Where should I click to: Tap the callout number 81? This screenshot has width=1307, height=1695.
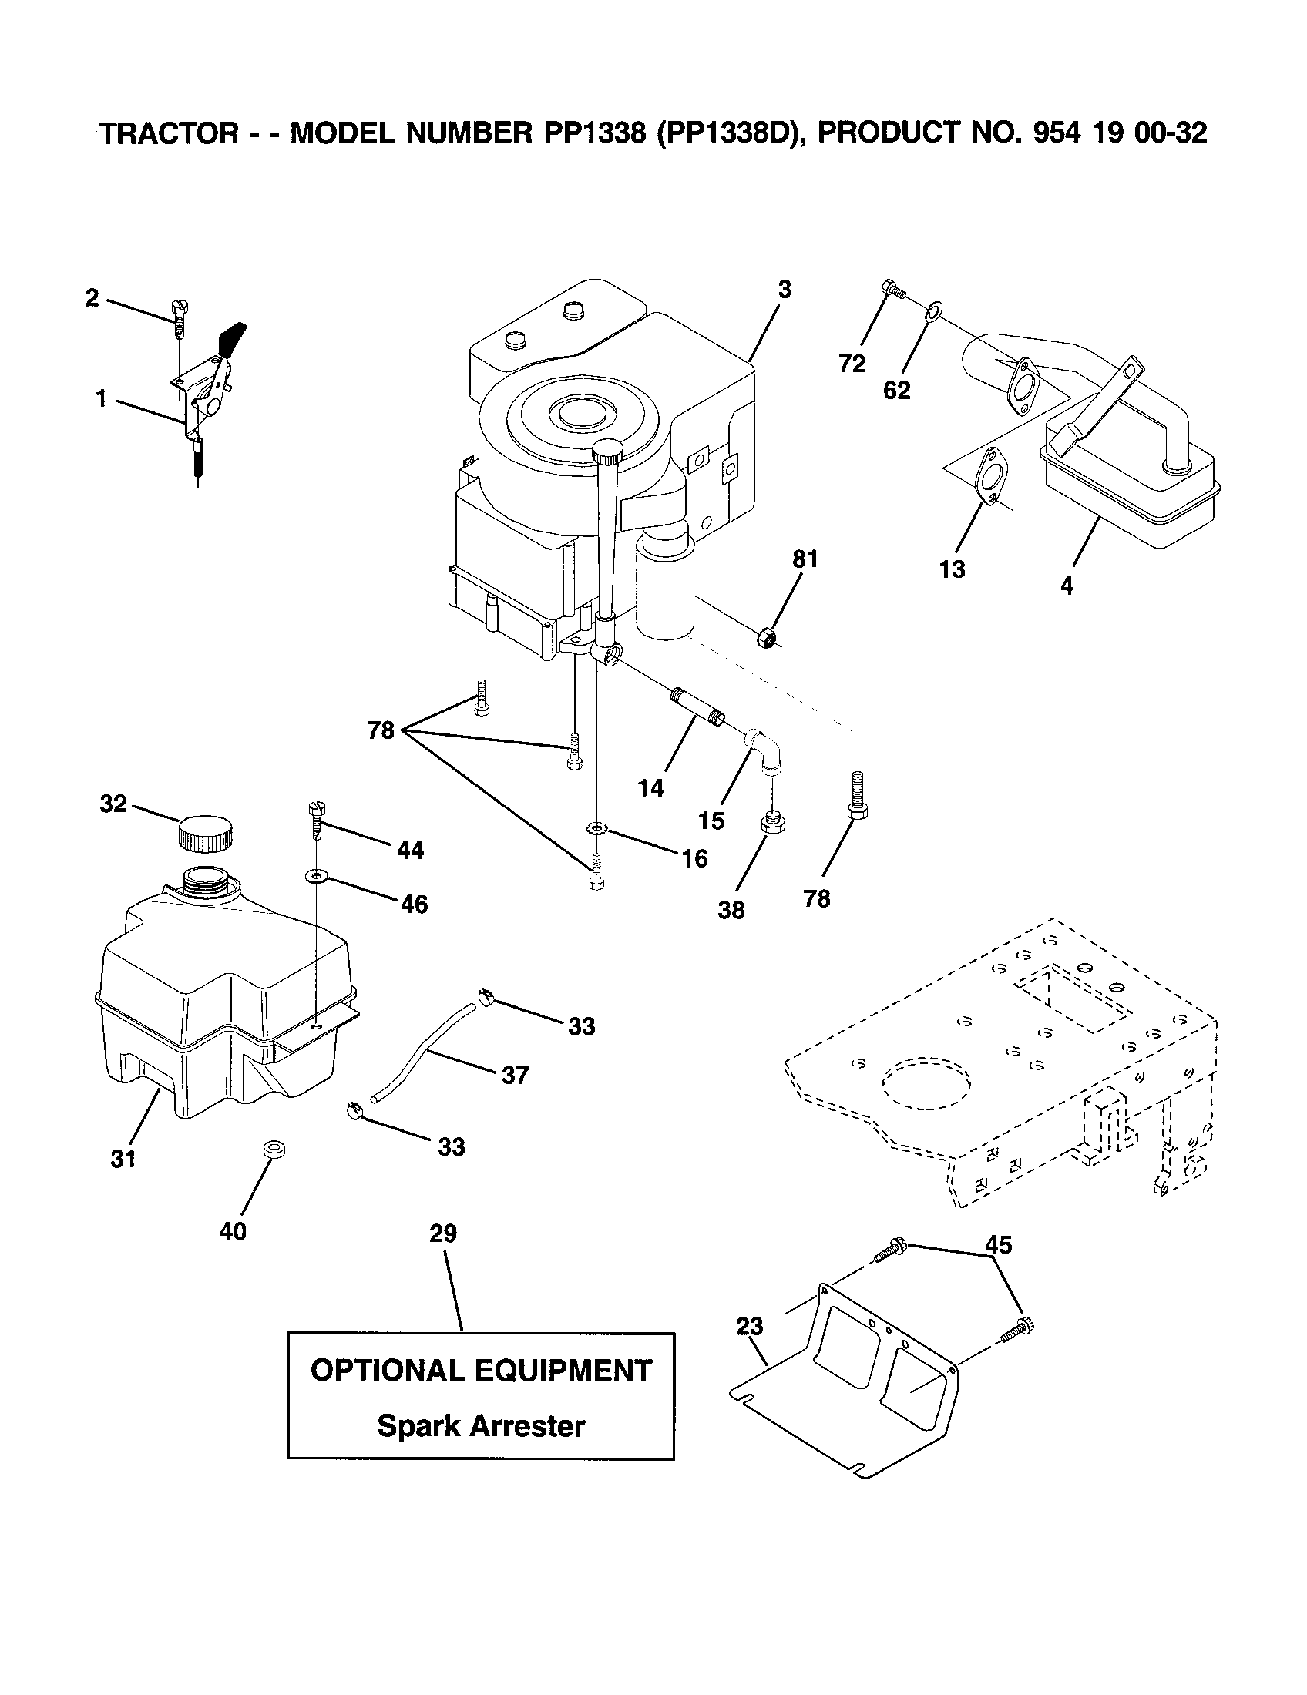click(x=805, y=559)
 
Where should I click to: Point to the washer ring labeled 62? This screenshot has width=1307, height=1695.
click(x=933, y=313)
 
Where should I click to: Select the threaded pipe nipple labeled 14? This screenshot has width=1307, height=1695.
click(x=696, y=706)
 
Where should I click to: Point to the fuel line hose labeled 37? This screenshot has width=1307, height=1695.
click(x=425, y=1052)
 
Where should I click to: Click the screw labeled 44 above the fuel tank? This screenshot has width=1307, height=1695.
click(x=315, y=821)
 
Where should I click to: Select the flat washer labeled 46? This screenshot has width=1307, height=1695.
click(x=316, y=876)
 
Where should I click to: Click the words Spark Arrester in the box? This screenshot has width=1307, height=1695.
click(x=480, y=1425)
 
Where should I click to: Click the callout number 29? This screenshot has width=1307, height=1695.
click(x=443, y=1233)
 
